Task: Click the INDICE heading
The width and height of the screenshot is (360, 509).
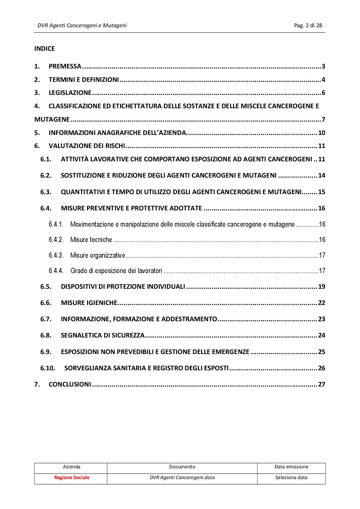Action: pyautogui.click(x=44, y=48)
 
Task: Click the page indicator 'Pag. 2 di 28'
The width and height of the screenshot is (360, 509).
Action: pyautogui.click(x=308, y=26)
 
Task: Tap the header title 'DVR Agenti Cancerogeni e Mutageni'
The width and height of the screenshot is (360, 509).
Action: pyautogui.click(x=82, y=26)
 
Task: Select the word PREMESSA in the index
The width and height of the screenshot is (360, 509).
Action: pyautogui.click(x=65, y=66)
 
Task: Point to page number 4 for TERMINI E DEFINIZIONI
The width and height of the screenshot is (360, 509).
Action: pyautogui.click(x=323, y=80)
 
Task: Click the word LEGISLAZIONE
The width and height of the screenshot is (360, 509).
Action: pyautogui.click(x=70, y=93)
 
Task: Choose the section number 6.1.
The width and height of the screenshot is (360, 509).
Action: pyautogui.click(x=46, y=159)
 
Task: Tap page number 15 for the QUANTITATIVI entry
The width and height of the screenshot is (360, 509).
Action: pyautogui.click(x=321, y=192)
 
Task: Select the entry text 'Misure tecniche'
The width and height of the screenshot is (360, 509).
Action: pyautogui.click(x=91, y=240)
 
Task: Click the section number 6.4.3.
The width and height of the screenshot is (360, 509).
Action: pyautogui.click(x=56, y=255)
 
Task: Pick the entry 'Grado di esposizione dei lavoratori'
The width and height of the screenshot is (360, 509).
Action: pyautogui.click(x=116, y=271)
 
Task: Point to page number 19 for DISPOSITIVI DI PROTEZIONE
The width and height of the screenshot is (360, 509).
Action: pyautogui.click(x=321, y=287)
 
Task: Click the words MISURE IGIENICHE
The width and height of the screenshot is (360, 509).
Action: pyautogui.click(x=89, y=303)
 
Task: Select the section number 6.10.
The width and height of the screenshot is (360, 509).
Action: pyautogui.click(x=48, y=368)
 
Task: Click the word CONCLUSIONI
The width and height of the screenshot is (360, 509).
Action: pyautogui.click(x=70, y=385)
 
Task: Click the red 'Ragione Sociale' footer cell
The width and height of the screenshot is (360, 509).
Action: pyautogui.click(x=72, y=478)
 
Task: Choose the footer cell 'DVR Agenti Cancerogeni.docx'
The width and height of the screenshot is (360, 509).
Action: pyautogui.click(x=182, y=478)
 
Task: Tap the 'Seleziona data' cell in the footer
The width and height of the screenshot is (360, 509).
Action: pyautogui.click(x=291, y=478)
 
